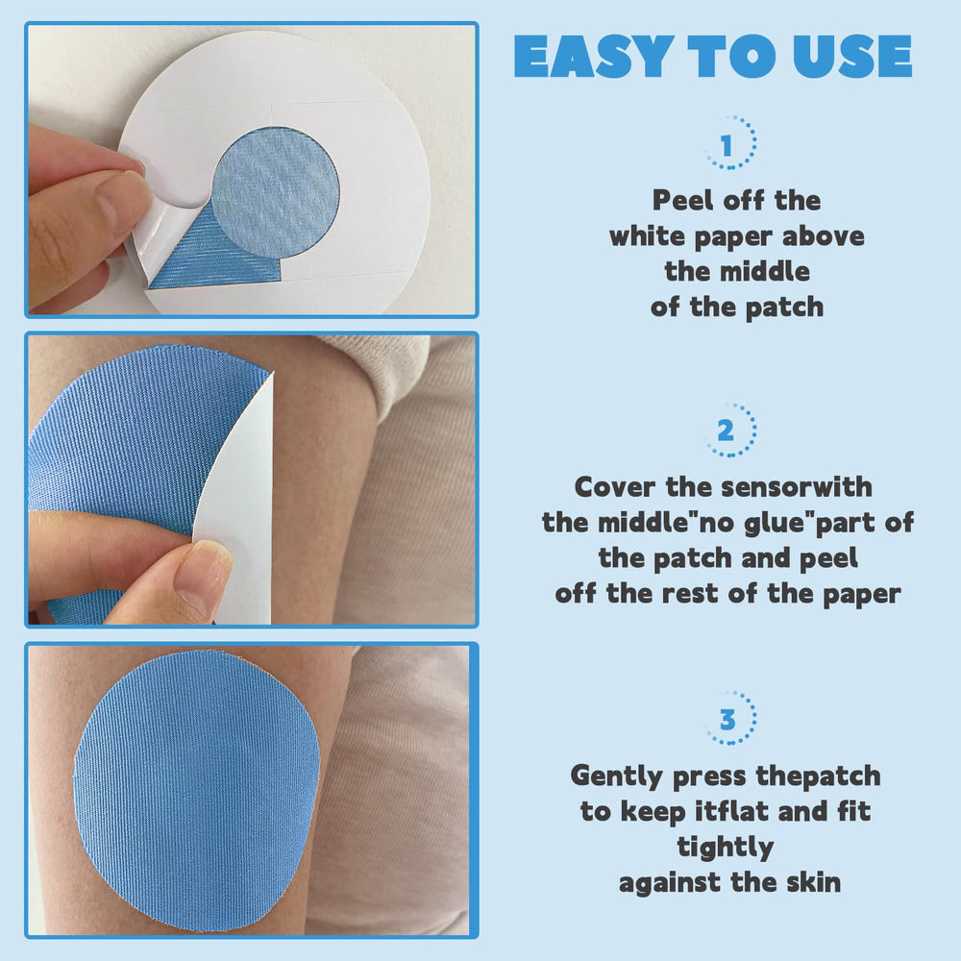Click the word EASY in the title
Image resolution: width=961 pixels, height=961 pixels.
click(591, 57)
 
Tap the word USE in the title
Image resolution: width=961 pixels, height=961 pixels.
click(852, 57)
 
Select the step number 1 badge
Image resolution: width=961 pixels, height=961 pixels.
click(730, 142)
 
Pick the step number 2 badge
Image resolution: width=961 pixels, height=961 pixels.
click(730, 430)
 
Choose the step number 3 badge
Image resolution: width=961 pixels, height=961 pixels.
click(730, 718)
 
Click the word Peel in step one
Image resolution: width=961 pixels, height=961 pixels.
click(682, 200)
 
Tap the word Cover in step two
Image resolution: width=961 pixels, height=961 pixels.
click(615, 486)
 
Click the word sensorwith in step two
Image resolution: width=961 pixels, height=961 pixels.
click(796, 486)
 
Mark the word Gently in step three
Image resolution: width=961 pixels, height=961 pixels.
click(617, 776)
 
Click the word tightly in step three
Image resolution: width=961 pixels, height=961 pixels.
click(725, 849)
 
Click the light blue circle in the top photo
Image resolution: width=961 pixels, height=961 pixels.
click(276, 192)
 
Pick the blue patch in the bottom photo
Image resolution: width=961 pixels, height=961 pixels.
click(197, 791)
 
